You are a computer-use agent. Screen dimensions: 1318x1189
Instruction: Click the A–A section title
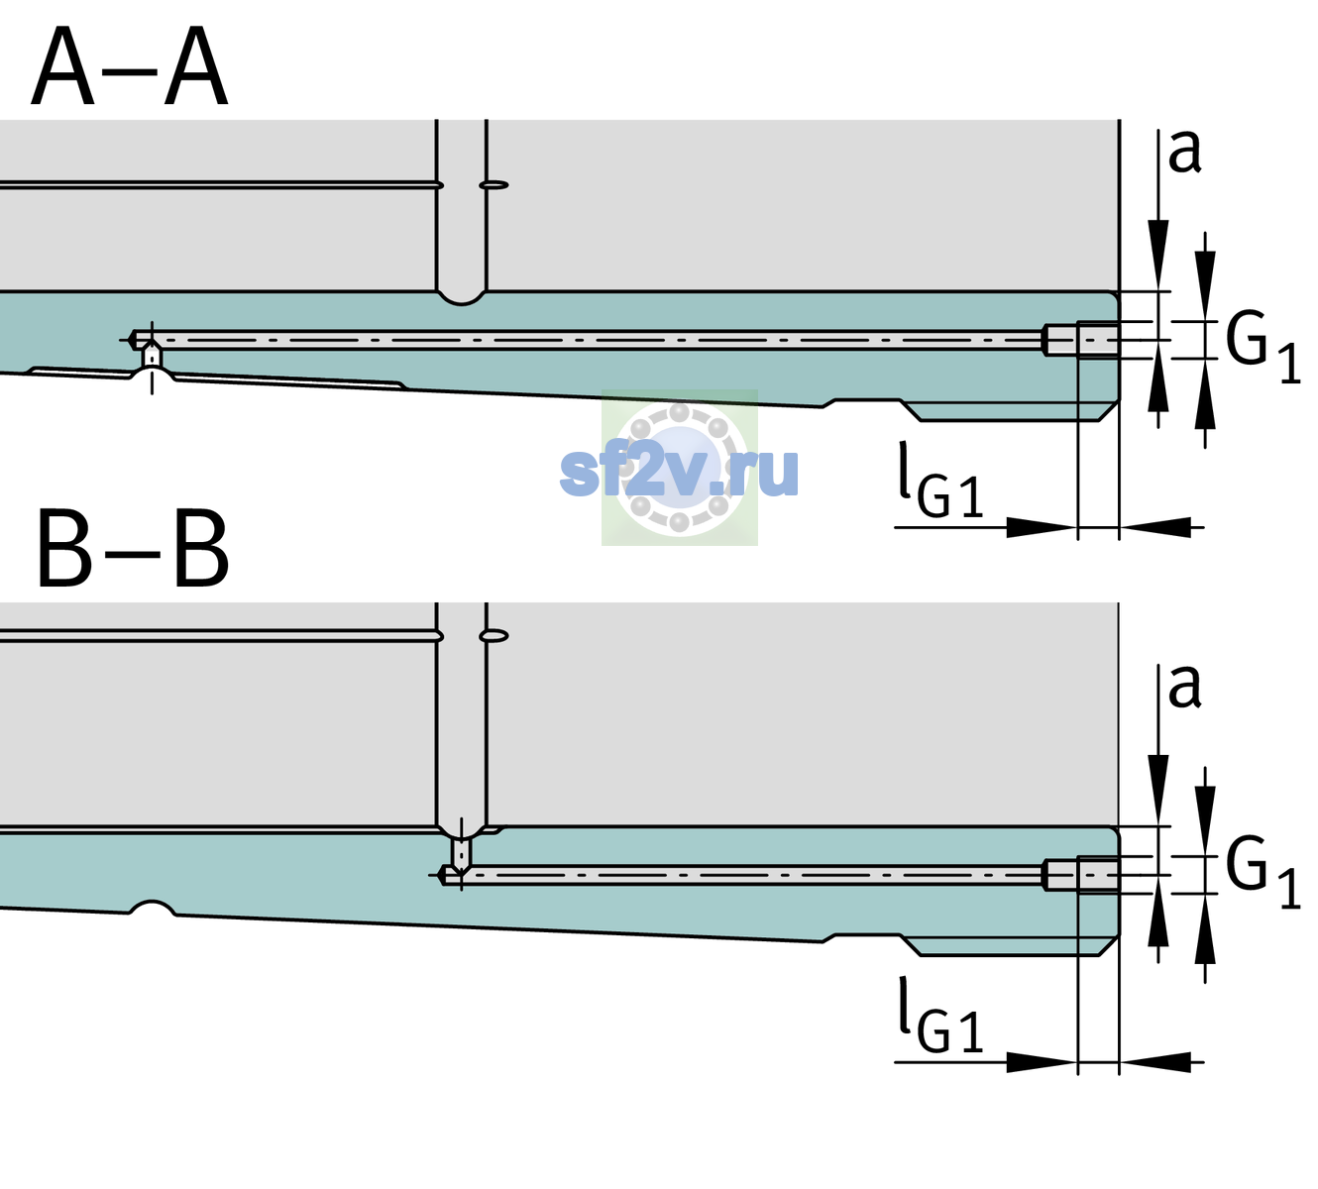pyautogui.click(x=130, y=65)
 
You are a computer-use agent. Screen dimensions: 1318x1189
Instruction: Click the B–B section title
pyautogui.click(x=134, y=549)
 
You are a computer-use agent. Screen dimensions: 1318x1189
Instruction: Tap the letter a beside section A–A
pyautogui.click(x=1184, y=152)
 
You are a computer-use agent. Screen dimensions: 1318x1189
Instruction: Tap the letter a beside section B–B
pyautogui.click(x=1184, y=687)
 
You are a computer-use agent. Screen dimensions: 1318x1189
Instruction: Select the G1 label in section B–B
pyautogui.click(x=1263, y=873)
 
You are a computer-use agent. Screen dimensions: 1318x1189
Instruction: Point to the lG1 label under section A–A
pyautogui.click(x=940, y=481)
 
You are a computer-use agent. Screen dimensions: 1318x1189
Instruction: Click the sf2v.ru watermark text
pyautogui.click(x=679, y=472)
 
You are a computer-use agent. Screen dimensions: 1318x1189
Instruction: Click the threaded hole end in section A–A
pyautogui.click(x=1081, y=340)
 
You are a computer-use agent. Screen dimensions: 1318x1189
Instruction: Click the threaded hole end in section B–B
pyautogui.click(x=1081, y=875)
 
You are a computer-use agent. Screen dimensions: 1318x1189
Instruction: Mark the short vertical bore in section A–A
pyautogui.click(x=152, y=357)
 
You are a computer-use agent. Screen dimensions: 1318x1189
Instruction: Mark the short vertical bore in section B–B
pyautogui.click(x=462, y=852)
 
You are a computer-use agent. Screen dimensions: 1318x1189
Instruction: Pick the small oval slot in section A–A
pyautogui.click(x=494, y=185)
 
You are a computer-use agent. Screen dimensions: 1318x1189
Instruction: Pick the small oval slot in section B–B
pyautogui.click(x=494, y=636)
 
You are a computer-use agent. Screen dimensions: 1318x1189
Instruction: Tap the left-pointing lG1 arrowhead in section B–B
pyautogui.click(x=1155, y=1061)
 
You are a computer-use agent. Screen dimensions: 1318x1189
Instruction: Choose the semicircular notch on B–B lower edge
pyautogui.click(x=153, y=908)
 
